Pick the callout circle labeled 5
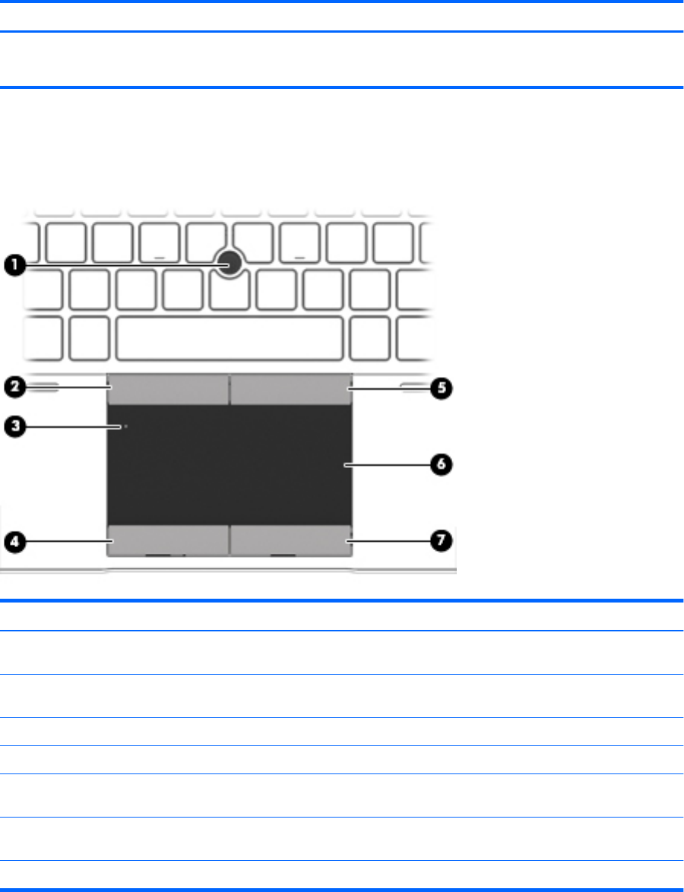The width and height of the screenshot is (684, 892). (x=441, y=388)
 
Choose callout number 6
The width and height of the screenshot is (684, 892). (x=441, y=463)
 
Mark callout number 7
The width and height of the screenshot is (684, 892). (x=441, y=541)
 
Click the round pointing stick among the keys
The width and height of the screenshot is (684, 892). (x=229, y=262)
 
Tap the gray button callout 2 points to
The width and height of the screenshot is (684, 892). (x=167, y=389)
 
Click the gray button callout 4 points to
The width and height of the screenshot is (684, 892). (x=167, y=538)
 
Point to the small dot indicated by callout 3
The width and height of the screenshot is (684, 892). (x=125, y=427)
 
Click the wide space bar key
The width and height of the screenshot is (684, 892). (x=229, y=337)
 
